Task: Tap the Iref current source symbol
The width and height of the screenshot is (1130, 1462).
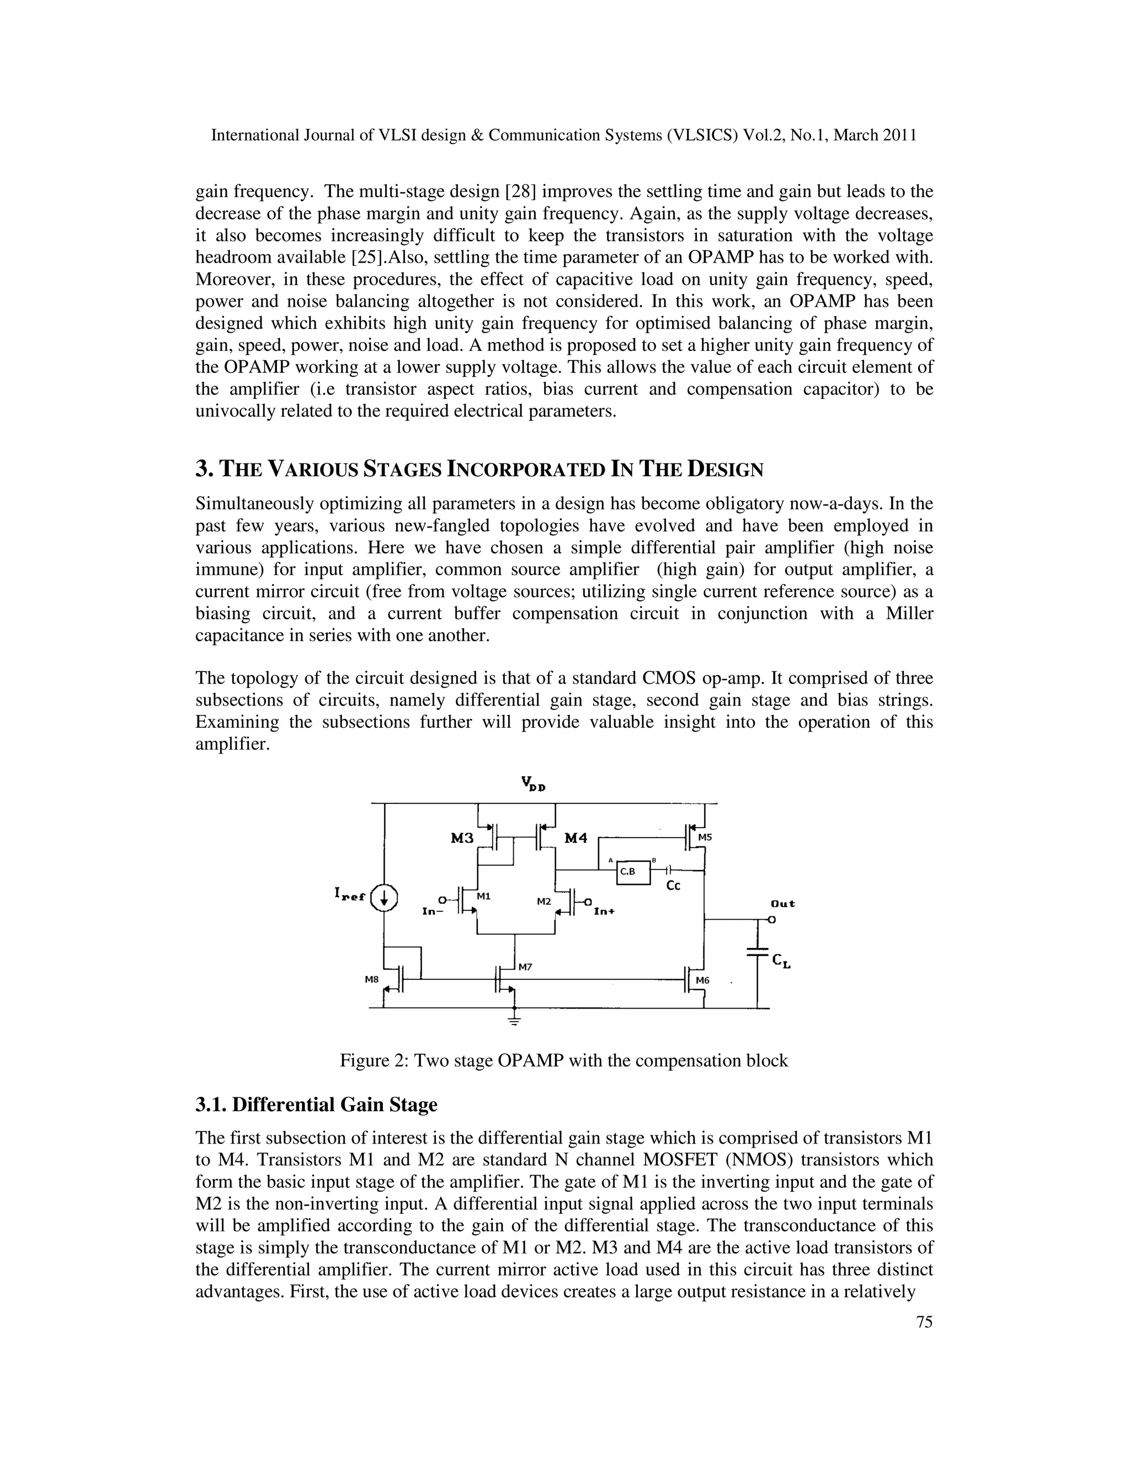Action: click(384, 898)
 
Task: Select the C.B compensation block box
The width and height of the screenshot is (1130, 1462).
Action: click(633, 872)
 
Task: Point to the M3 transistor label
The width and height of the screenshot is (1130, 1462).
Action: click(462, 837)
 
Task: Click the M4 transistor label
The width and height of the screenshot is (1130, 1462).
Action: click(575, 837)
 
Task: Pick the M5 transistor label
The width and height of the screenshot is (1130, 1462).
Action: click(706, 837)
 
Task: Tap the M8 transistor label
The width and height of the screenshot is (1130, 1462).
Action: click(371, 979)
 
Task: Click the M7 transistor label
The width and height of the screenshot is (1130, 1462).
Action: click(525, 967)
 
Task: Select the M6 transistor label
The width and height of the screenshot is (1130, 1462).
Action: click(702, 980)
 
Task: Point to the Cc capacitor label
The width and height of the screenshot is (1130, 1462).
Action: click(674, 885)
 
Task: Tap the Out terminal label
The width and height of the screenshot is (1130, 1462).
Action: click(782, 903)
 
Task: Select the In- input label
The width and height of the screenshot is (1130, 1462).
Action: click(433, 911)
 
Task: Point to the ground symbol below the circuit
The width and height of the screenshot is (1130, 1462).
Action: click(514, 1020)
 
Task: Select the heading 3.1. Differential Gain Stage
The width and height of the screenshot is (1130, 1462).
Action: click(316, 1104)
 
